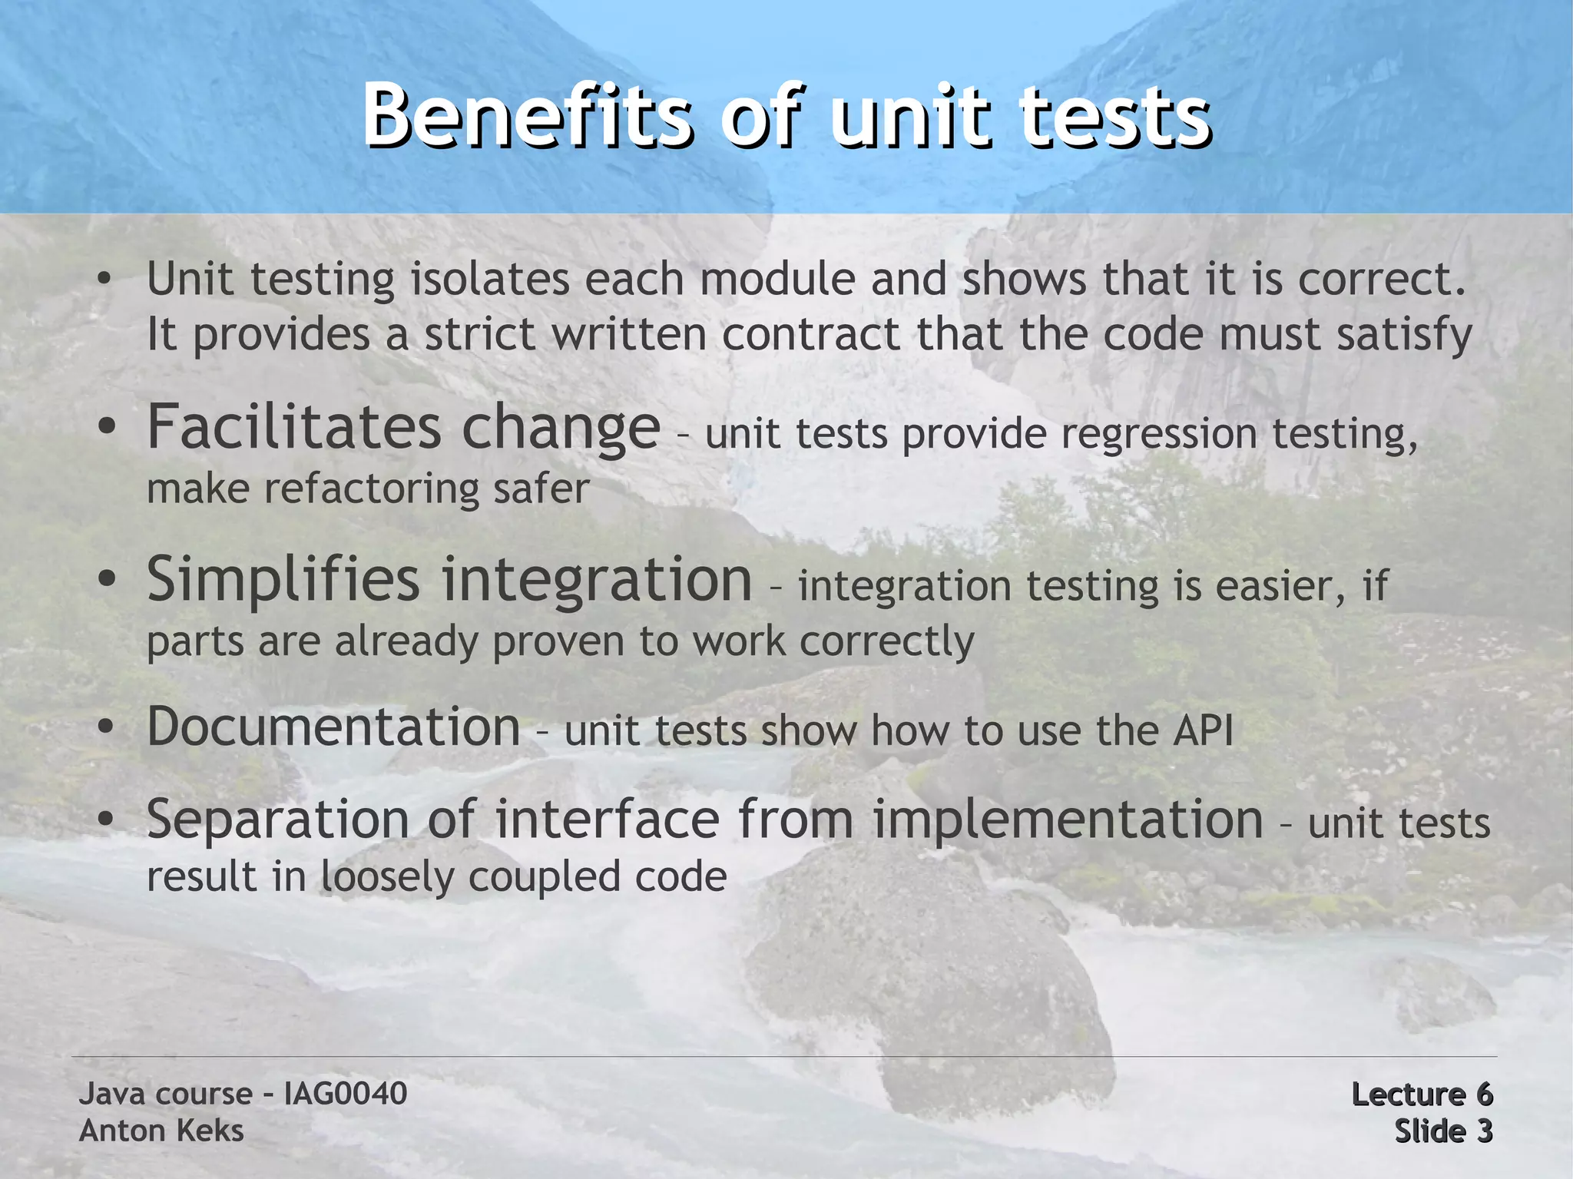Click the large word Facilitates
[x=294, y=427]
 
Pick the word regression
[x=1159, y=435]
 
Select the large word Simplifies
[x=283, y=580]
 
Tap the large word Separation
[x=277, y=820]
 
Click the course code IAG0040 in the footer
[x=345, y=1094]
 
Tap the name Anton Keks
[x=161, y=1131]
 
